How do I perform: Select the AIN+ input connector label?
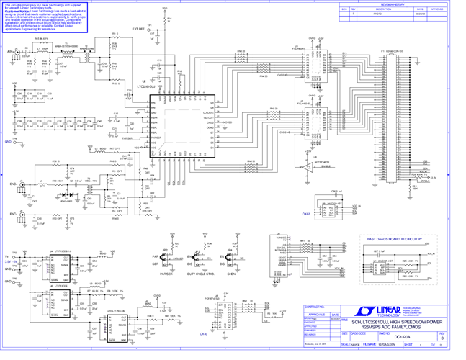pos(10,52)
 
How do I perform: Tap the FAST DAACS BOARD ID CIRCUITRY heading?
pos(394,238)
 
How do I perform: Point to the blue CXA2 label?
pos(306,214)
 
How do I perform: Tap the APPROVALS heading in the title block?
pos(318,315)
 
